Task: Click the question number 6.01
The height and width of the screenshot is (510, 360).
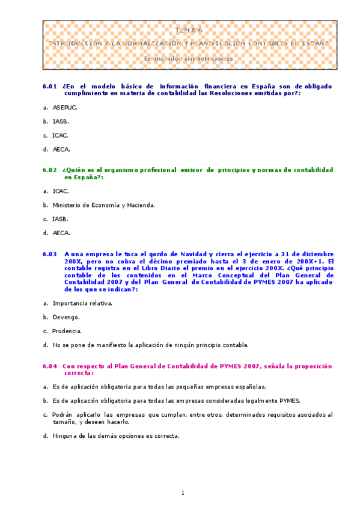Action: tap(50, 86)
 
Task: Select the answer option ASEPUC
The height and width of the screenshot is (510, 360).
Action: tap(65, 108)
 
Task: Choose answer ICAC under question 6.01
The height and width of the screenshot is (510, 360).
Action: tap(60, 135)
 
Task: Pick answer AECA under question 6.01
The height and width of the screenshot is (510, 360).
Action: tap(61, 149)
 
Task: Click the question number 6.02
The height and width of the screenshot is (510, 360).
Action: tap(50, 170)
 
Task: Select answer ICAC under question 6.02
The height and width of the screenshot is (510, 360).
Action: tap(61, 191)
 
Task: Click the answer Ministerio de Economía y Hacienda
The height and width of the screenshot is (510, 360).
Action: tap(103, 205)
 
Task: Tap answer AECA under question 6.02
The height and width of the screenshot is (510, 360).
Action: tap(61, 233)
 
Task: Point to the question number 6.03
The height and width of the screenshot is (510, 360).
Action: tap(50, 254)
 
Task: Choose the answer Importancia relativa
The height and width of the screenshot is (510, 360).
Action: tap(82, 303)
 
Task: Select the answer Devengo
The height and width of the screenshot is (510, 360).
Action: tap(66, 317)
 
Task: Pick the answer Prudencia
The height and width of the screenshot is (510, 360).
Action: tap(67, 331)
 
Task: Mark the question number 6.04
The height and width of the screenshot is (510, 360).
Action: tap(50, 366)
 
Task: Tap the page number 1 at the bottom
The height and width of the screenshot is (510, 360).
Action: tap(183, 493)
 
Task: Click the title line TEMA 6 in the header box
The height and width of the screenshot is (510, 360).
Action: tap(189, 29)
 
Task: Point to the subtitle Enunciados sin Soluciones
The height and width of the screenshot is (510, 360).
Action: tap(189, 59)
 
